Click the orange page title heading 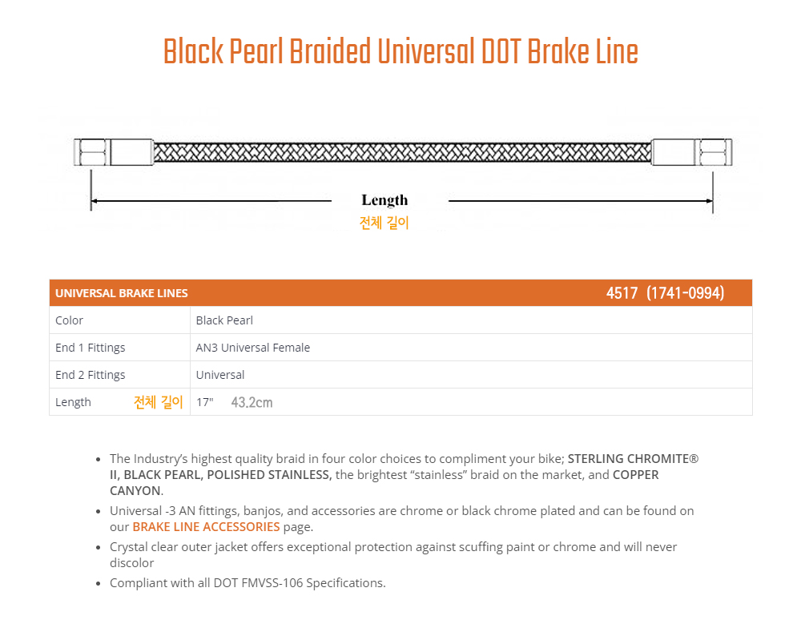click(400, 51)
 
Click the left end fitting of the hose click(114, 152)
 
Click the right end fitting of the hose click(692, 152)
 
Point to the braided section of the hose click(403, 152)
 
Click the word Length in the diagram click(384, 200)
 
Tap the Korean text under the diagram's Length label click(384, 223)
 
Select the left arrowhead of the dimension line click(94, 201)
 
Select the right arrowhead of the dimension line click(709, 201)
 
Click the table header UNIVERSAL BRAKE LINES click(122, 293)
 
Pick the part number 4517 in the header click(622, 293)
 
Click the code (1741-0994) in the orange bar click(685, 293)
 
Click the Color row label click(69, 320)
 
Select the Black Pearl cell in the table click(224, 320)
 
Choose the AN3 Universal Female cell click(253, 348)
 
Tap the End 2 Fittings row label click(90, 375)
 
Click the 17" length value click(205, 402)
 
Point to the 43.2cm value click(252, 402)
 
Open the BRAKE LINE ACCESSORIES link click(206, 526)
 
